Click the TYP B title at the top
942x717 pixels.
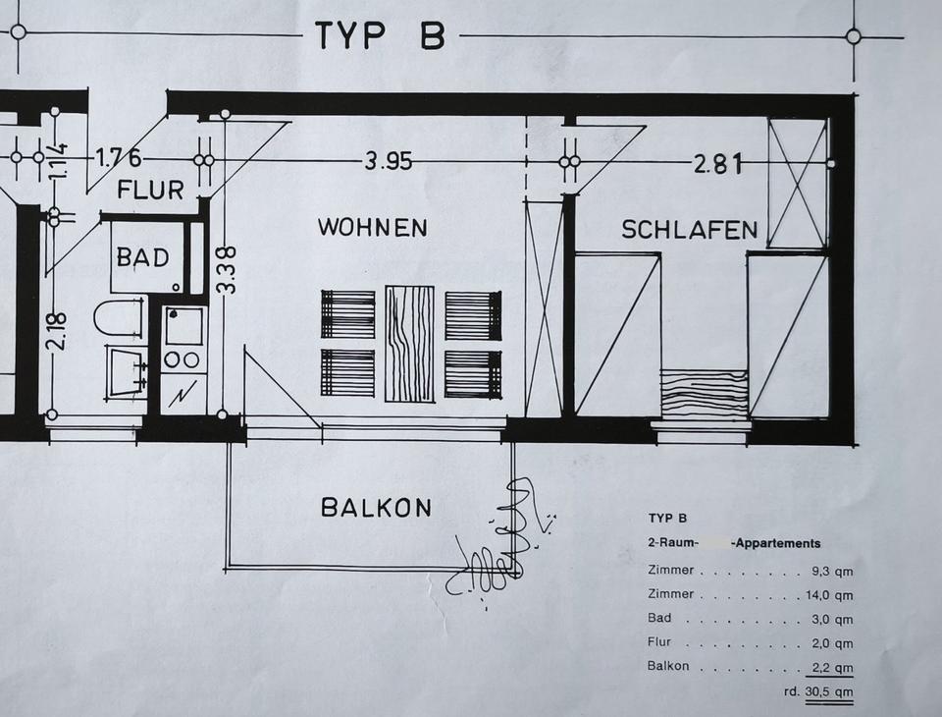380,35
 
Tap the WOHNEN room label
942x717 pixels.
372,228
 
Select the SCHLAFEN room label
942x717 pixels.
690,230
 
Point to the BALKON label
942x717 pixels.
376,508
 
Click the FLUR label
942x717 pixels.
150,190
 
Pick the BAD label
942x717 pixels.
143,257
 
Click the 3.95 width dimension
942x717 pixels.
389,161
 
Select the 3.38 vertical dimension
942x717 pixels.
227,270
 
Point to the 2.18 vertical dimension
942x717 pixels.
58,330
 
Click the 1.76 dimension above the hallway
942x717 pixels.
120,157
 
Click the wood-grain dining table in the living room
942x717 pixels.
410,343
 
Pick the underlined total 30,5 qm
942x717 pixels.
829,690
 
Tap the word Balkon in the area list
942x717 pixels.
668,666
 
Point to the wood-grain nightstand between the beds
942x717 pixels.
704,394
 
